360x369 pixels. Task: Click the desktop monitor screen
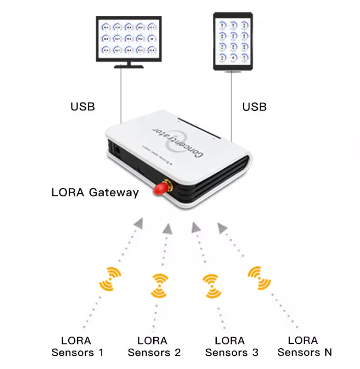pos(129,38)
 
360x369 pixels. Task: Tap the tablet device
pos(233,41)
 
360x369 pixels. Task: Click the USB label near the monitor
pos(82,106)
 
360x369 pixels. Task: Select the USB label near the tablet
pos(254,106)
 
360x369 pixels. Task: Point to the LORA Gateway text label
pos(95,192)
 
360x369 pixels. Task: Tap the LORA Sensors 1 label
pos(77,347)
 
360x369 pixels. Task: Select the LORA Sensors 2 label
pos(154,347)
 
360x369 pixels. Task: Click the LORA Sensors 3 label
pos(231,347)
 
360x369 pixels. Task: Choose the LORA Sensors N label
pos(305,347)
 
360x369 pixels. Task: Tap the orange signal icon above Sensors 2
pos(159,285)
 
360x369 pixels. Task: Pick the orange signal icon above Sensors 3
pos(212,285)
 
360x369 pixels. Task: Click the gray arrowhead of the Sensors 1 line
pos(139,223)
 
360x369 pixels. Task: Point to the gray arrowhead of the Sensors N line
pos(222,226)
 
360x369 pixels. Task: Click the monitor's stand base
pos(128,66)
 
